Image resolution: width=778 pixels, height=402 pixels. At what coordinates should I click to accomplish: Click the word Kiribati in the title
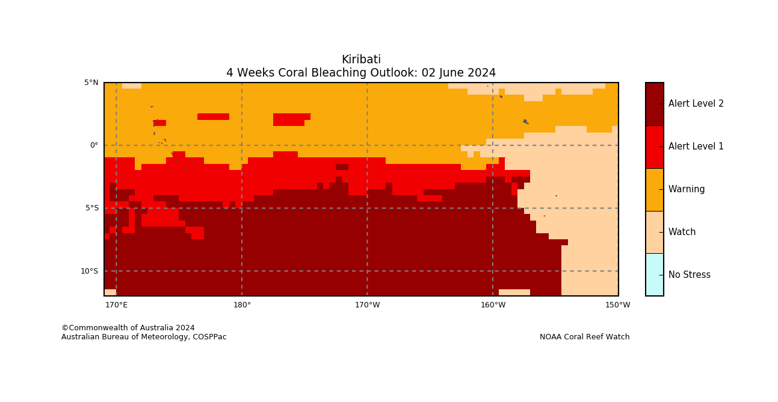click(361, 60)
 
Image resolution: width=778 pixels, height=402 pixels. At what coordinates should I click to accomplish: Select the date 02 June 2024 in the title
click(458, 73)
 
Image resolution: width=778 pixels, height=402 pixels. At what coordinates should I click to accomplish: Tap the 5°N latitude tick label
click(91, 83)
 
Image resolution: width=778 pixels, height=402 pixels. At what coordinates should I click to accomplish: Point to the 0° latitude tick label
click(94, 145)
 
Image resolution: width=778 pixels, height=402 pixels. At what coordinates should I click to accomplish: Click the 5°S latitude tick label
click(92, 209)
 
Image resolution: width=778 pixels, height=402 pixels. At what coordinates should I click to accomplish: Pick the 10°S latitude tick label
click(90, 271)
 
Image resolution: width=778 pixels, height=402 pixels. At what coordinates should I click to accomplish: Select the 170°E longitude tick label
click(116, 305)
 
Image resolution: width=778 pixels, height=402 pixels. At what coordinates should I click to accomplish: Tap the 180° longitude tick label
click(242, 305)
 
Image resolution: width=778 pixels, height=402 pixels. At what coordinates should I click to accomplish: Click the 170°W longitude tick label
click(368, 305)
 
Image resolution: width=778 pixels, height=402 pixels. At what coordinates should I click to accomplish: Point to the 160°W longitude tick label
click(493, 305)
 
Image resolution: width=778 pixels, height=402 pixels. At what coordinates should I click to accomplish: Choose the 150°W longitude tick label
click(618, 305)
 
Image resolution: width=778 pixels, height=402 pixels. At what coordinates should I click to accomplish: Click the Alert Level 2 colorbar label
click(696, 104)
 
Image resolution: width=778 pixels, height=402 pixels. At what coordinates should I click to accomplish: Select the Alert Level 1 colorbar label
click(696, 146)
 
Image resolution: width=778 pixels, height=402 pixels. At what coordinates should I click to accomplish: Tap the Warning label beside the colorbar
click(687, 189)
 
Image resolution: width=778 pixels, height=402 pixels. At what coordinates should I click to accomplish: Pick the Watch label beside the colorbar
click(682, 232)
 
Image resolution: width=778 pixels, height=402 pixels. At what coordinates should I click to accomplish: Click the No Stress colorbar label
click(690, 275)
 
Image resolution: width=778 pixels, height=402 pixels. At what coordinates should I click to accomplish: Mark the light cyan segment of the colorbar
click(655, 275)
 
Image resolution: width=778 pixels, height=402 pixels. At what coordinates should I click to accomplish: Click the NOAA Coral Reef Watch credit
click(584, 337)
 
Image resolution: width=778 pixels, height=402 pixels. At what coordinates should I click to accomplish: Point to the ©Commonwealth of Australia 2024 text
click(128, 328)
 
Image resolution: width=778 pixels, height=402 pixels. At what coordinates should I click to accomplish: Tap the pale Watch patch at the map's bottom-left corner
click(110, 292)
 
